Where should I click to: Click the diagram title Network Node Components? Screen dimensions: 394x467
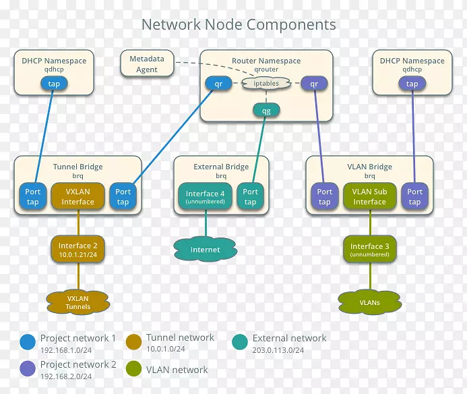239,25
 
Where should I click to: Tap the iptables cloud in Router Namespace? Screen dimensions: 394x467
266,84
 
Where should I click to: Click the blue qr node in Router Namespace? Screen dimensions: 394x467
218,84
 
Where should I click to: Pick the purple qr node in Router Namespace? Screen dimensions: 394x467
313,84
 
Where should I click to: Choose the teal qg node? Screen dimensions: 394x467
266,111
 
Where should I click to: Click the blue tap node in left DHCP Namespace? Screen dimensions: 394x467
54,84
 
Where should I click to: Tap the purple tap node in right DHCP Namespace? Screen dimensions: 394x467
412,84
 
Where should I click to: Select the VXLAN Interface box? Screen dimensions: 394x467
78,196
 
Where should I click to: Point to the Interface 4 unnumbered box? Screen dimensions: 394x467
206,196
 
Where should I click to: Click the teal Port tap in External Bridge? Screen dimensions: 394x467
250,196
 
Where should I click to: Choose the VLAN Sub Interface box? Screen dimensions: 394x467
369,196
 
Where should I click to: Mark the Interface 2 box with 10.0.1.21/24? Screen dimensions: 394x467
77,250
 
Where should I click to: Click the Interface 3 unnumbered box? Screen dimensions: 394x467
369,250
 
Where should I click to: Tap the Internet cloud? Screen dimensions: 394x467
205,250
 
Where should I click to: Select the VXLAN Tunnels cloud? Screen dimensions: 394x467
77,302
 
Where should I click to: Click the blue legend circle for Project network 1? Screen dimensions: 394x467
28,342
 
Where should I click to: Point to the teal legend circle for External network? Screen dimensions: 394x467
240,342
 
